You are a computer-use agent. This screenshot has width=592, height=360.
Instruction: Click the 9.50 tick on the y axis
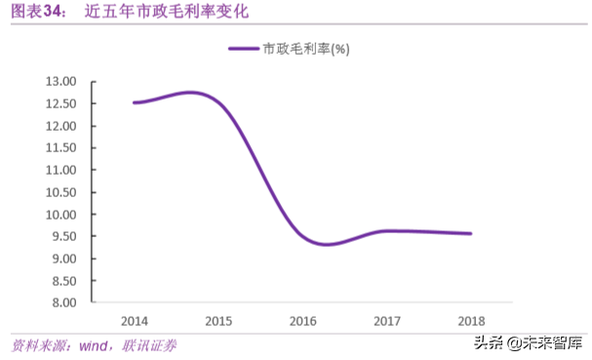click(x=63, y=236)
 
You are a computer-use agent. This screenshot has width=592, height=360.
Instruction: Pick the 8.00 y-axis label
click(x=63, y=302)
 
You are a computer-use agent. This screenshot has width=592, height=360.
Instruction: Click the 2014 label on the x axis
click(x=135, y=320)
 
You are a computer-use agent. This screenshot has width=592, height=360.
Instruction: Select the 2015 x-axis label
click(x=218, y=320)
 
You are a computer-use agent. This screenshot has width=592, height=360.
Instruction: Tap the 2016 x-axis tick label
click(x=302, y=320)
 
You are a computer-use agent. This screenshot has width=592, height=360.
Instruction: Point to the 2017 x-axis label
click(x=386, y=320)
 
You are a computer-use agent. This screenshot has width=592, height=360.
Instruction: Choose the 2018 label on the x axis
click(x=470, y=320)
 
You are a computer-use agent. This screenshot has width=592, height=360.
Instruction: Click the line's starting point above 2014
click(x=135, y=102)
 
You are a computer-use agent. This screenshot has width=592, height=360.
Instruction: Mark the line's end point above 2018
click(x=470, y=233)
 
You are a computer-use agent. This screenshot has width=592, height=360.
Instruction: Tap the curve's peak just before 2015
click(x=191, y=93)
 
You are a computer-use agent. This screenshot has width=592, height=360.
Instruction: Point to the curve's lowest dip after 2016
click(x=326, y=244)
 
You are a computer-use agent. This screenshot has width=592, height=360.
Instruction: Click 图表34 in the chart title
click(x=37, y=13)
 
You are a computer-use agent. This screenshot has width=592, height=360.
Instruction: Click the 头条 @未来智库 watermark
click(x=528, y=342)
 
